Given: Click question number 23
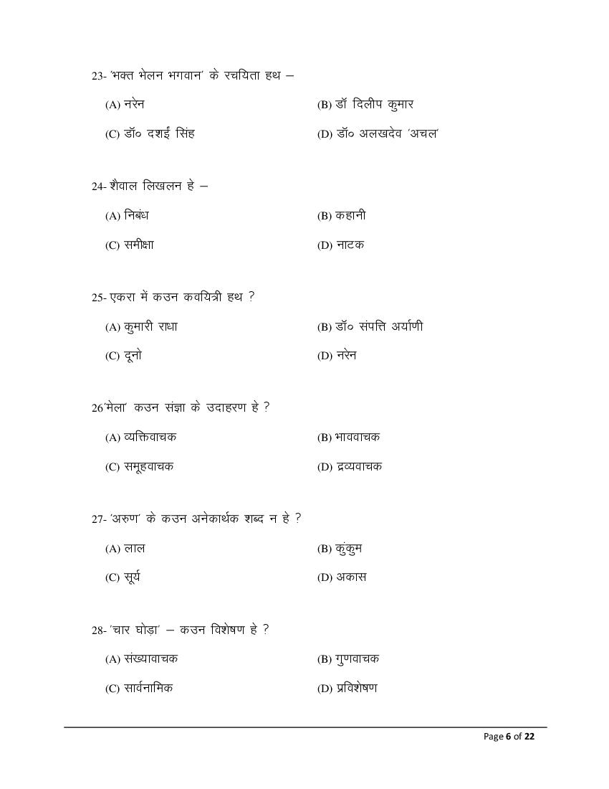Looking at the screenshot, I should point(98,76).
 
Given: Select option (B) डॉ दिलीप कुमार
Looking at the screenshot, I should point(365,105).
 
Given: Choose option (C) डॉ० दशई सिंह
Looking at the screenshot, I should point(150,134).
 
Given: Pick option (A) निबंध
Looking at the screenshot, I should point(127,216).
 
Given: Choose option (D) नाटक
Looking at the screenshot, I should point(340,245).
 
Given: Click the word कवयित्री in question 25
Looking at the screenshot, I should point(212,297).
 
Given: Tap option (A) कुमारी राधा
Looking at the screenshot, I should point(141,327).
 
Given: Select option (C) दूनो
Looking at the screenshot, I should point(123,356).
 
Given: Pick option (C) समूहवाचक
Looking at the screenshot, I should point(139,467).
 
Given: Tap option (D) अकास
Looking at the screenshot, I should point(342,577).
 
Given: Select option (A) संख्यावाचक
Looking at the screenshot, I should point(141,659).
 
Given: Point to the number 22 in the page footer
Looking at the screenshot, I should point(529,737).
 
